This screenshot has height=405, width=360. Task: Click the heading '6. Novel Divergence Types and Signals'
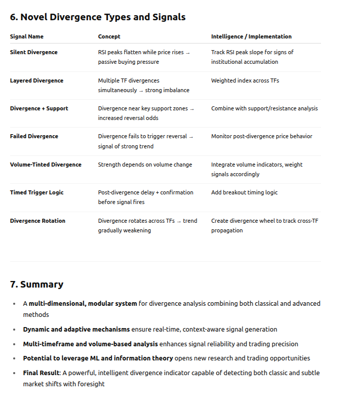(x=98, y=17)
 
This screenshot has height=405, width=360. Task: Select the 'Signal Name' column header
(x=27, y=36)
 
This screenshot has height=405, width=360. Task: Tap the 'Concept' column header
(x=109, y=36)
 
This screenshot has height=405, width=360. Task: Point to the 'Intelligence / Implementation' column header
(x=251, y=36)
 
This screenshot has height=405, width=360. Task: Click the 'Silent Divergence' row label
(x=34, y=52)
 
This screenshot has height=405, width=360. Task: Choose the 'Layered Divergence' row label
(x=36, y=80)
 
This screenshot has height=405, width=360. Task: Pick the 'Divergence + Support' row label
(x=39, y=108)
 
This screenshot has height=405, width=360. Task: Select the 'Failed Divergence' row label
(x=34, y=136)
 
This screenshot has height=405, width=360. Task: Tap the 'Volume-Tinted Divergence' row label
(x=46, y=165)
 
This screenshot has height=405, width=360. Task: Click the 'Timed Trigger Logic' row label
(x=37, y=192)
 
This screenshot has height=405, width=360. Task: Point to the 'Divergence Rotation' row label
(x=37, y=221)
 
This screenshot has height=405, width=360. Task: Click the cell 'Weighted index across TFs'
(x=245, y=80)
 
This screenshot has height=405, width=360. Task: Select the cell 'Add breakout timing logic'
(x=245, y=192)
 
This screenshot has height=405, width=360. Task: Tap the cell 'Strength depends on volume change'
(x=145, y=165)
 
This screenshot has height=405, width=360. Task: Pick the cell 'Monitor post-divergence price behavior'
(x=262, y=136)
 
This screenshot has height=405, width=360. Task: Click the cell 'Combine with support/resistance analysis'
(x=264, y=108)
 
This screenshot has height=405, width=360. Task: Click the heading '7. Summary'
(x=36, y=284)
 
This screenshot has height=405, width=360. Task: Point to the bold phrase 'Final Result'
(x=41, y=373)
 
